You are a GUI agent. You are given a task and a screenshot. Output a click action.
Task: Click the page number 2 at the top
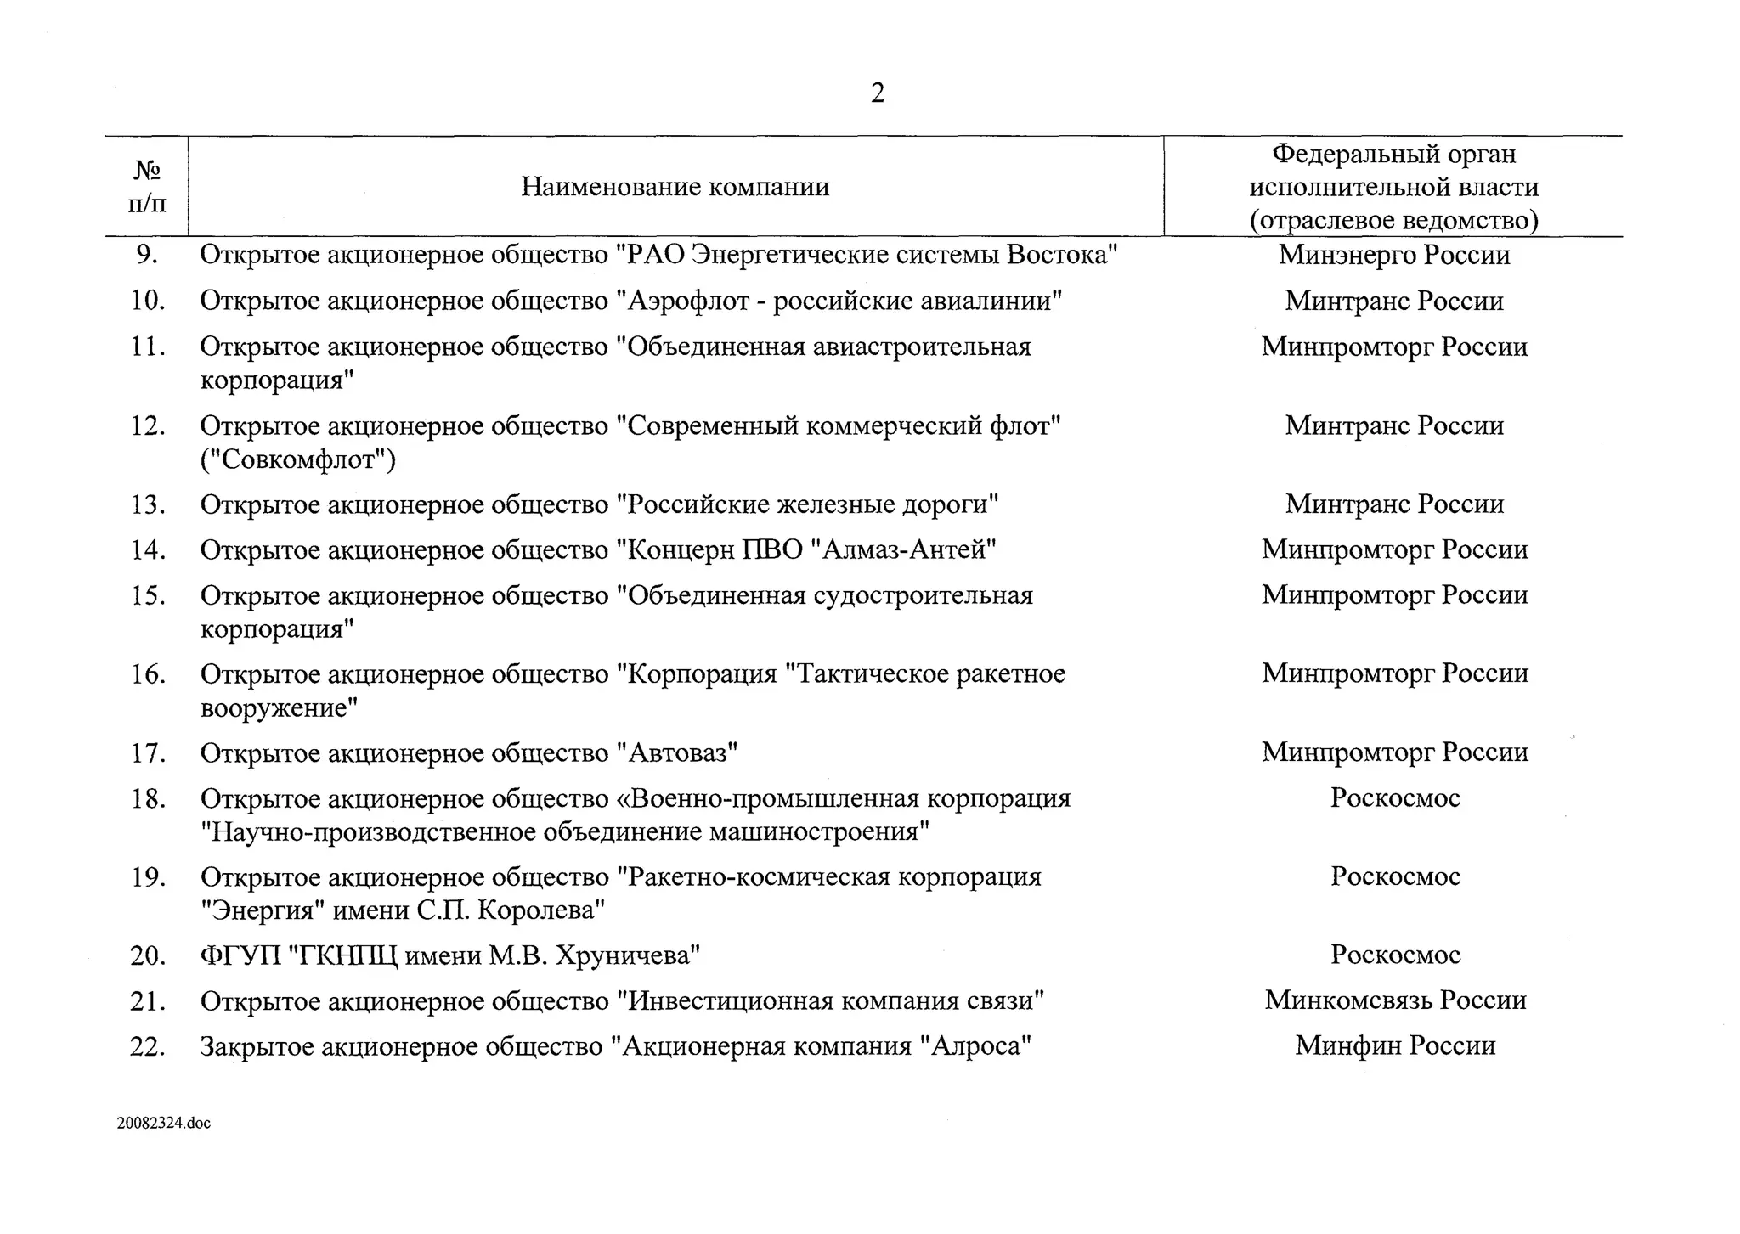click(878, 93)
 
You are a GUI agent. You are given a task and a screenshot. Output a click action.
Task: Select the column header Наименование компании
click(675, 187)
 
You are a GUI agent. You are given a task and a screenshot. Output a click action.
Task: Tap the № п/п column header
click(147, 187)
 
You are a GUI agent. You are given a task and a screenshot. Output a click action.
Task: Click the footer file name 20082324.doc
click(164, 1123)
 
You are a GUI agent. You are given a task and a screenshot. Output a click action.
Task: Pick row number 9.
click(147, 255)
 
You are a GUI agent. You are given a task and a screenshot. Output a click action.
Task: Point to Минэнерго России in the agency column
click(1394, 255)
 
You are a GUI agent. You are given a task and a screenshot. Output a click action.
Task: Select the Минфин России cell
click(1394, 1045)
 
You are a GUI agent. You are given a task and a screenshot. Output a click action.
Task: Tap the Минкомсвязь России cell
click(1394, 1000)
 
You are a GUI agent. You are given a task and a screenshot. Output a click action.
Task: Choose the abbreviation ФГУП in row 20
click(240, 955)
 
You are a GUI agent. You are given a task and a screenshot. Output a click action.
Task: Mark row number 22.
click(147, 1046)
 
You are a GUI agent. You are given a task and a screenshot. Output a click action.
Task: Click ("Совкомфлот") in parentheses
click(298, 459)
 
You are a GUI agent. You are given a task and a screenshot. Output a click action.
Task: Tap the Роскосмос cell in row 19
click(1394, 876)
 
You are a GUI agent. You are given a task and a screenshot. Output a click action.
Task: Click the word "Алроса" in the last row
click(976, 1046)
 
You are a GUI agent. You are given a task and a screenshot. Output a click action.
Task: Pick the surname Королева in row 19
click(541, 910)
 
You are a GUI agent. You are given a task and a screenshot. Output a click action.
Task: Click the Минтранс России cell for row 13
click(1394, 504)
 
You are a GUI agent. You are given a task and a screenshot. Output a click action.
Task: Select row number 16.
click(147, 674)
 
